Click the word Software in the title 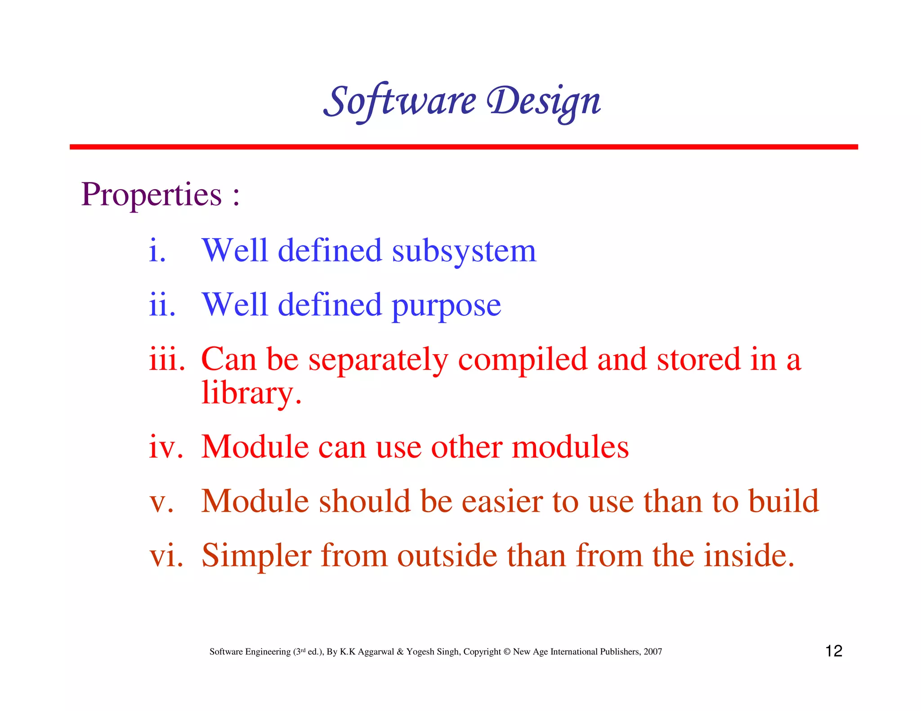[399, 101]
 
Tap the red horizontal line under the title [463, 147]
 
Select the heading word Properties [152, 195]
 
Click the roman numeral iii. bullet [167, 360]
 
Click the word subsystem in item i [464, 251]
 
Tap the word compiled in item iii [522, 360]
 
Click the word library [250, 393]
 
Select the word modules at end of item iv [570, 447]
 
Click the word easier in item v [502, 502]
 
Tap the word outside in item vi [447, 555]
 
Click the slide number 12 [833, 651]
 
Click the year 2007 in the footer [653, 652]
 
